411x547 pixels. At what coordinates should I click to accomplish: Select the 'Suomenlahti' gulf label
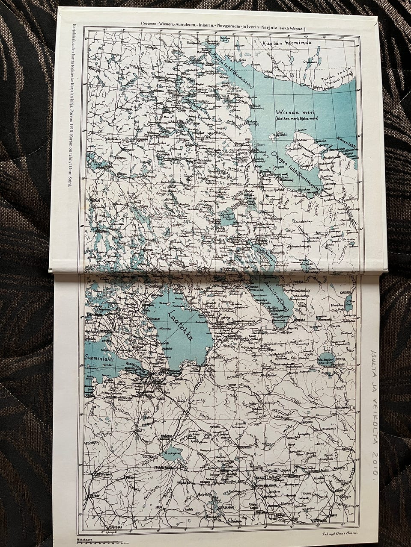(x=100, y=358)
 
